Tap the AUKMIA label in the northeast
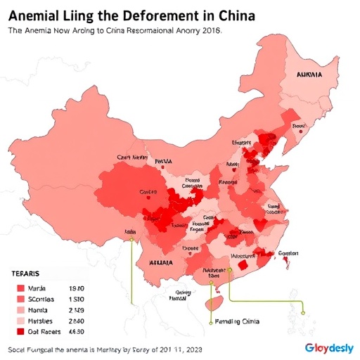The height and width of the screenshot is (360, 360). point(309,73)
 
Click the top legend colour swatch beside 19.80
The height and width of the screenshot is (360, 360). point(20,288)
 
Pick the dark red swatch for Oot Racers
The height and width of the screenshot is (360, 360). point(20,331)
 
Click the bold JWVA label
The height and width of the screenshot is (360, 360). point(163,161)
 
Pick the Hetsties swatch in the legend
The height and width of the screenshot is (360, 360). point(20,321)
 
